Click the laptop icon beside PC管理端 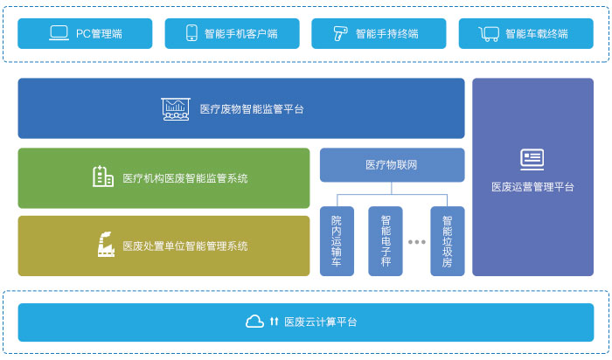coord(59,34)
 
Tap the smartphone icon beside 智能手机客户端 coord(191,34)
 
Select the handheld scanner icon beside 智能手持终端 coord(339,34)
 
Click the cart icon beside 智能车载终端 coord(490,34)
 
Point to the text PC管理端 coord(99,34)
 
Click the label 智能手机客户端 coord(240,34)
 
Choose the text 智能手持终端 coord(386,34)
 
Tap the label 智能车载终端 coord(536,34)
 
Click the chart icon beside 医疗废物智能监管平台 coord(176,109)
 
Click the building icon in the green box coord(103,177)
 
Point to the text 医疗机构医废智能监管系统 coord(185,178)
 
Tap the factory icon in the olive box coord(105,245)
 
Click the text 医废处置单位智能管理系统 coord(185,246)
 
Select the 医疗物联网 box coord(392,164)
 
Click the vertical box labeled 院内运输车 coord(337,241)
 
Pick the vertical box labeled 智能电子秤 coord(386,241)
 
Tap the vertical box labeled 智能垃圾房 coord(447,241)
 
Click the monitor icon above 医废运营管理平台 coord(532,159)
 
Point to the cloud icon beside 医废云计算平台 coord(254,322)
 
